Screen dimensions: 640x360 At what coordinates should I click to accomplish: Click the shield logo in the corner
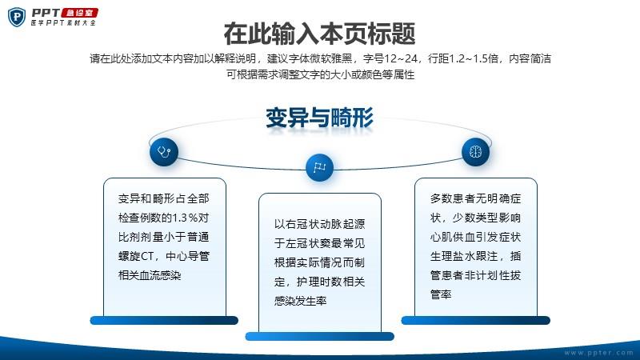point(17,18)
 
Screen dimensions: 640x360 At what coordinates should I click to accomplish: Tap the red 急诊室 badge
point(79,13)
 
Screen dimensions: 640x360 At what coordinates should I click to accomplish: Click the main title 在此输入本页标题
point(319,34)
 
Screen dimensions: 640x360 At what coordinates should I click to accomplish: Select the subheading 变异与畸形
point(319,118)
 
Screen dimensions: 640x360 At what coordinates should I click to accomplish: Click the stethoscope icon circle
point(164,152)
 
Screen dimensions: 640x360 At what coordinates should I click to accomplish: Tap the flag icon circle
point(319,167)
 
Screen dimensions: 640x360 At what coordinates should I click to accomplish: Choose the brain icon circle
point(475,152)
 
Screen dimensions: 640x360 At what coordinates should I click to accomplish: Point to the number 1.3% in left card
point(185,218)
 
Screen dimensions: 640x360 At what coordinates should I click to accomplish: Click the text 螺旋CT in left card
point(135,256)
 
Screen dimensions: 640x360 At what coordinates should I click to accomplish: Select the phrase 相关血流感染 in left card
point(150,275)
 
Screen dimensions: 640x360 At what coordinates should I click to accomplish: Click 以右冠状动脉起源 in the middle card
point(319,224)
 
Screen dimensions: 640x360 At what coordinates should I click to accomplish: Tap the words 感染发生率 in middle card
point(301,302)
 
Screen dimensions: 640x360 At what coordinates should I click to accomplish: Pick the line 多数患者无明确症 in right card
point(475,198)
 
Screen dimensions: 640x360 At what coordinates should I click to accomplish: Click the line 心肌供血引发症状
point(475,237)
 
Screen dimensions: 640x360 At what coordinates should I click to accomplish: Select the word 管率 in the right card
point(441,294)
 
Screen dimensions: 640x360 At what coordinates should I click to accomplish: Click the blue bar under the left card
point(164,321)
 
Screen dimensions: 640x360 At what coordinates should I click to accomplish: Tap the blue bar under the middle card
point(319,336)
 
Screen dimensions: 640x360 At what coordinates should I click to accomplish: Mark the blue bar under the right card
point(475,321)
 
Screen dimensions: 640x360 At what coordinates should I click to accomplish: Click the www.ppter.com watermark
point(598,353)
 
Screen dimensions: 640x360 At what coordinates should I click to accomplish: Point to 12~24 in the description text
point(401,58)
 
